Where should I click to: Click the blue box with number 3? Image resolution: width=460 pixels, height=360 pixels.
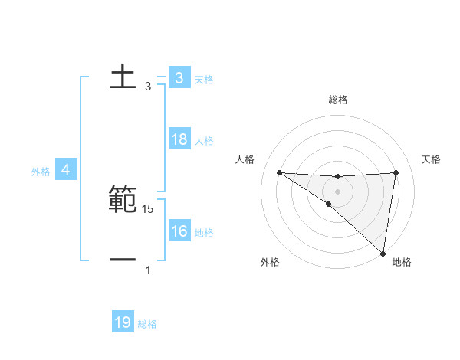point(179,78)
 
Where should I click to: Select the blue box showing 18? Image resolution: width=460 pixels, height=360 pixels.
point(179,139)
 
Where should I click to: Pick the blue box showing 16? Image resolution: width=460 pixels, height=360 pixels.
point(179,231)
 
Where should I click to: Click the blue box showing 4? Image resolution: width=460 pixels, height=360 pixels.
point(65,170)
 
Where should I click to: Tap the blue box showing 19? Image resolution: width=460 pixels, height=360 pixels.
point(123,322)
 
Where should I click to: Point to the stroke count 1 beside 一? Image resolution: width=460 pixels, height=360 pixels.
point(148,270)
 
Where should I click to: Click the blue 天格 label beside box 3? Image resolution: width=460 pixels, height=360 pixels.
point(204,80)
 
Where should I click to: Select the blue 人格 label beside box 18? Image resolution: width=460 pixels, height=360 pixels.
point(204,141)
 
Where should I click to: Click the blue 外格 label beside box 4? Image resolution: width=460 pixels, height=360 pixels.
point(41,172)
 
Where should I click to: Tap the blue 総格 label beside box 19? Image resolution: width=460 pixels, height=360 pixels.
point(147,324)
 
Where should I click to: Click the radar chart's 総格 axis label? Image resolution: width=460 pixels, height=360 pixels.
point(337,100)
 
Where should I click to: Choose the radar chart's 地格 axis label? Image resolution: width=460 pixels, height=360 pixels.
point(402,263)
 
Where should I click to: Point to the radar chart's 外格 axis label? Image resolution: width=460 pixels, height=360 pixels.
point(270,263)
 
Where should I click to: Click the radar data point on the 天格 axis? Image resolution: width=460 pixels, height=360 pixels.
point(396,172)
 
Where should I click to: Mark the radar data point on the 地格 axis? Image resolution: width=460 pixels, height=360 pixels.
point(383,253)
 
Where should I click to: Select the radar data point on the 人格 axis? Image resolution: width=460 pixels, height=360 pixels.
point(279,172)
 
